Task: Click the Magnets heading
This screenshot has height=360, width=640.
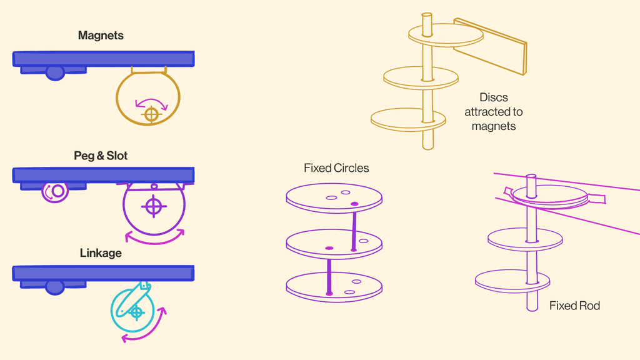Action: pos(101,36)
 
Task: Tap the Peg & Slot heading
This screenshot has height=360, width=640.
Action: pos(101,156)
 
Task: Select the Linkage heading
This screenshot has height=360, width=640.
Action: pos(101,253)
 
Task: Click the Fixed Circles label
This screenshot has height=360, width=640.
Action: pos(336,168)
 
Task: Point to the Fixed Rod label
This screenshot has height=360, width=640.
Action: pos(574,306)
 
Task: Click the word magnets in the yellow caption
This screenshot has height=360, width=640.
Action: pos(493,126)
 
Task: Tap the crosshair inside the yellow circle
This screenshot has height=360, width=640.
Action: pos(151,114)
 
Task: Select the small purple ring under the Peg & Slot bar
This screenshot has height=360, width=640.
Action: pos(56,191)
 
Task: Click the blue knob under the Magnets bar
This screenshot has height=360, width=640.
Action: pos(55,72)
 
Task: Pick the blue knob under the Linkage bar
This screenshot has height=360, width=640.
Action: pos(55,287)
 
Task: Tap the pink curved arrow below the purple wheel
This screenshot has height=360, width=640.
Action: pos(156,238)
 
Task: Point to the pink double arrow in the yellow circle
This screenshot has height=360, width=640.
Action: pos(152,102)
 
